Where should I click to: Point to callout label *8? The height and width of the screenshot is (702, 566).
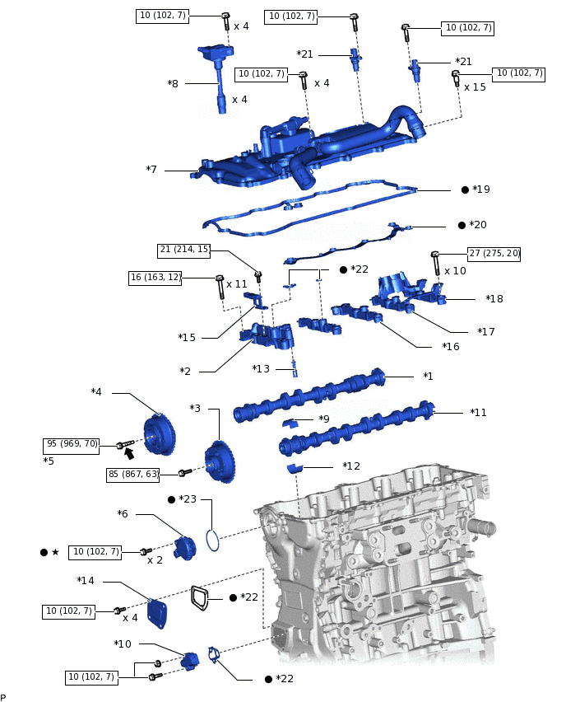[x=173, y=83]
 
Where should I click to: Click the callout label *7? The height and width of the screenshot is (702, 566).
[x=151, y=169]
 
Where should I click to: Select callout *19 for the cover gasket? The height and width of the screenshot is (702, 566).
[x=481, y=190]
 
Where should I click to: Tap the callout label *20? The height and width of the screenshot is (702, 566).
[x=478, y=225]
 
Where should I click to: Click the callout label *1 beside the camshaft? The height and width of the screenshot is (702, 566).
[x=428, y=376]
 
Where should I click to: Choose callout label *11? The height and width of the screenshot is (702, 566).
[x=478, y=412]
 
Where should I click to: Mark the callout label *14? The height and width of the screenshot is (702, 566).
[x=86, y=580]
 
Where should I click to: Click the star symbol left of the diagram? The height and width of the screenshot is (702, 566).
[x=55, y=551]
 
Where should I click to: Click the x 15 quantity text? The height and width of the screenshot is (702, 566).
[x=475, y=87]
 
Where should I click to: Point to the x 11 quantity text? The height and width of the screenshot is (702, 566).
[x=236, y=283]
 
